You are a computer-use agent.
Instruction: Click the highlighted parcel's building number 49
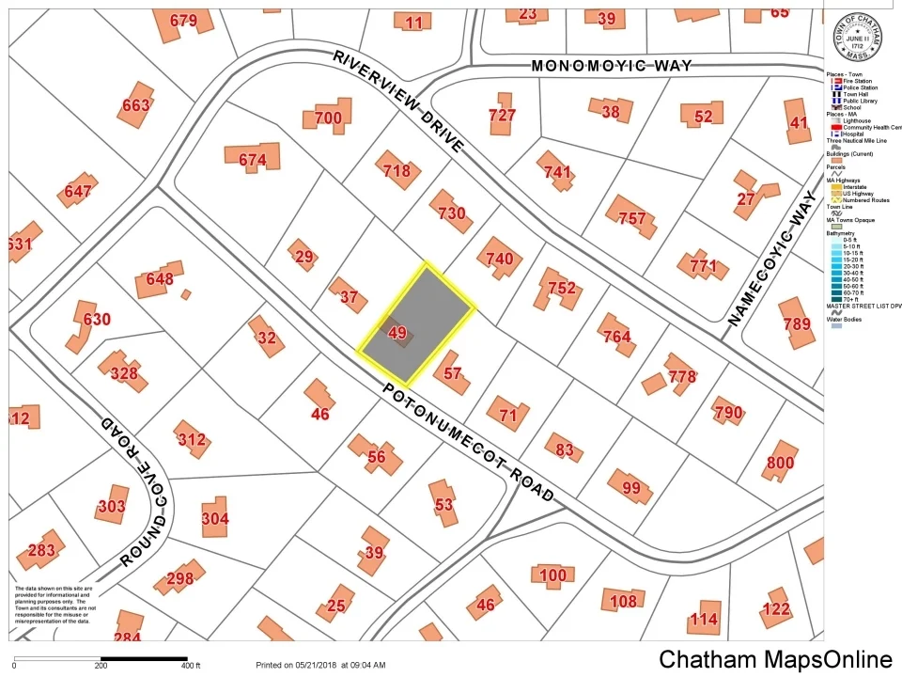point(397,333)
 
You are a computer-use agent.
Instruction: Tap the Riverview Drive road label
point(398,102)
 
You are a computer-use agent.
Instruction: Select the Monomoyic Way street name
point(612,66)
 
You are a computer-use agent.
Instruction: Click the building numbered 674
point(253,161)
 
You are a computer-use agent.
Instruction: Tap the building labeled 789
point(797,325)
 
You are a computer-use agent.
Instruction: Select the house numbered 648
point(160,279)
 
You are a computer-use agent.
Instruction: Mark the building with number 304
point(215,518)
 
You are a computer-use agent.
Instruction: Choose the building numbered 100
point(553,575)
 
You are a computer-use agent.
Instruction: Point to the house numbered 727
point(503,115)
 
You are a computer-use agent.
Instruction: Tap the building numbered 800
point(780,463)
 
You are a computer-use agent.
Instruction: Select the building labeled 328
point(123,373)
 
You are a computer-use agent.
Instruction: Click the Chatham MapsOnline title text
point(775,659)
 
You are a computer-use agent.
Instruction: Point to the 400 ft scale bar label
point(191,666)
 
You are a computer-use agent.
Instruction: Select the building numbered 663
point(135,105)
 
